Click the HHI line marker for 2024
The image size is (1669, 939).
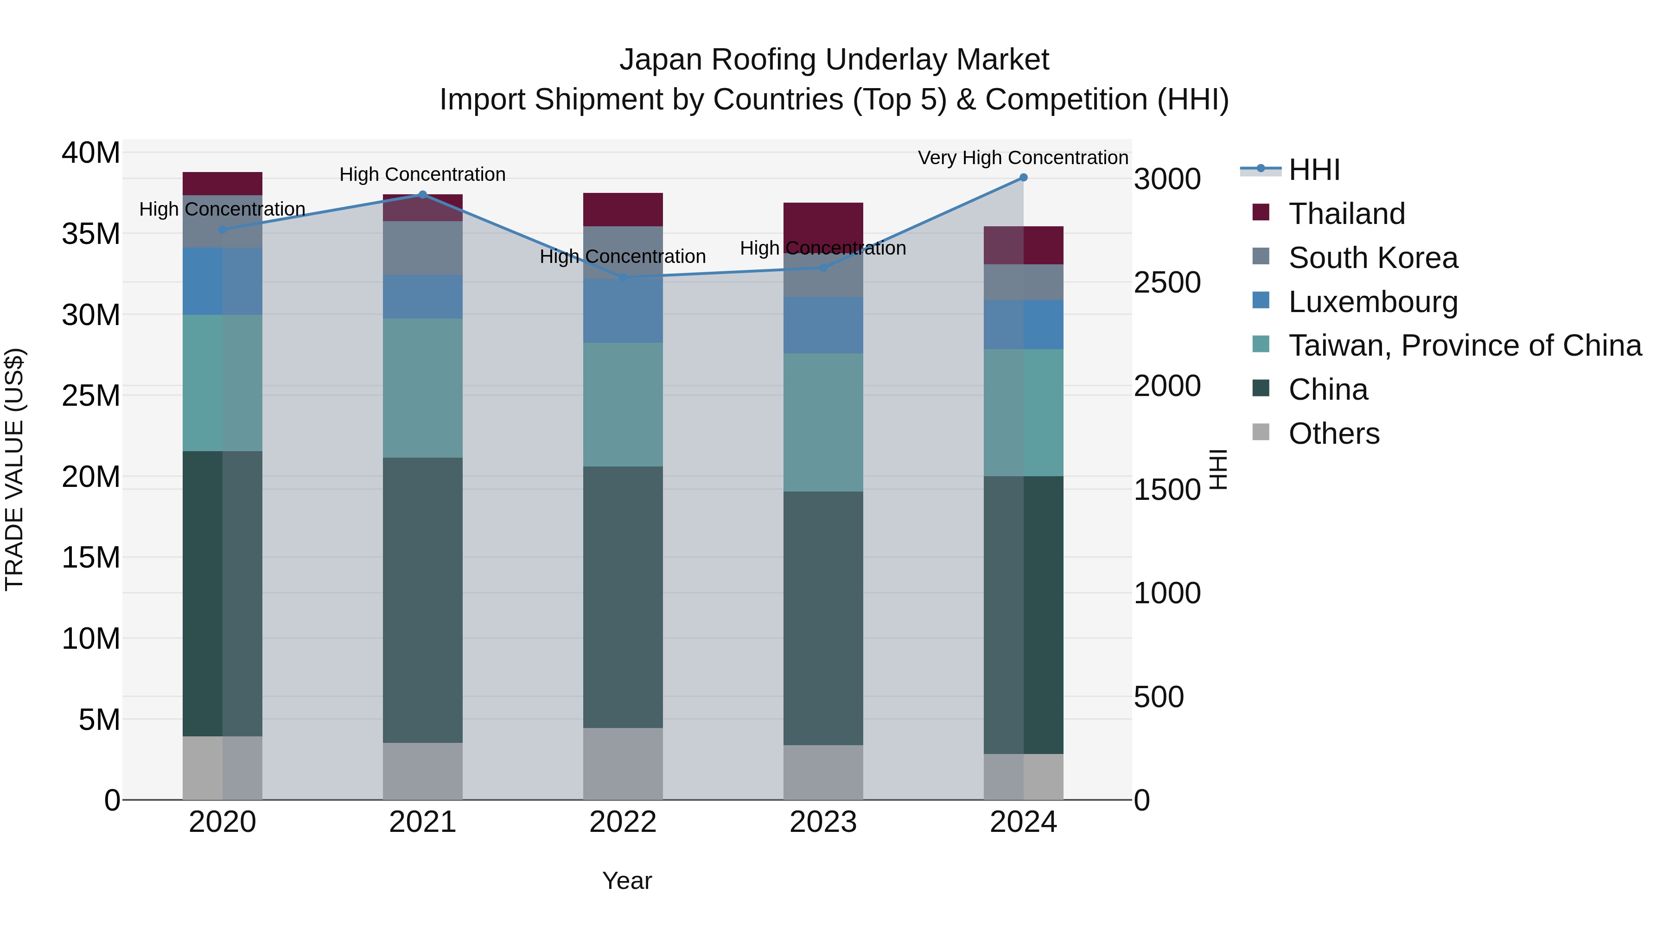click(x=1023, y=178)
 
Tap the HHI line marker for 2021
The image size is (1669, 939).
click(x=422, y=194)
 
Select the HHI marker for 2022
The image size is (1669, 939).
click(x=623, y=277)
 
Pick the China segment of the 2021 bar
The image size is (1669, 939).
click(x=422, y=600)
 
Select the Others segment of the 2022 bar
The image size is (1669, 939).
click(x=623, y=763)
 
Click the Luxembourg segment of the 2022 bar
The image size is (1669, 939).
click(x=623, y=311)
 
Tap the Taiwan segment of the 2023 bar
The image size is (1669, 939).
click(x=823, y=422)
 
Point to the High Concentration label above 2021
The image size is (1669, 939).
click(x=422, y=174)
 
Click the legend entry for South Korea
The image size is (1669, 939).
click(x=1373, y=258)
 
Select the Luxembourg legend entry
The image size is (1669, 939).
click(x=1373, y=302)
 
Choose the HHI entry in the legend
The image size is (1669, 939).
click(x=1314, y=170)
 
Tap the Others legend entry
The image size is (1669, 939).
click(x=1333, y=434)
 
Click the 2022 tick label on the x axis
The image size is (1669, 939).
click(x=623, y=822)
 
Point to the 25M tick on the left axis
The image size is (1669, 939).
click(x=91, y=395)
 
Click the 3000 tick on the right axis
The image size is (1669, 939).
click(x=1167, y=179)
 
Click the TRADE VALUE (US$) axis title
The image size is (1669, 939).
click(x=14, y=469)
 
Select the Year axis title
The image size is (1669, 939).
click(x=626, y=881)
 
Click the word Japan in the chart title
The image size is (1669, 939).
click(x=660, y=60)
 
